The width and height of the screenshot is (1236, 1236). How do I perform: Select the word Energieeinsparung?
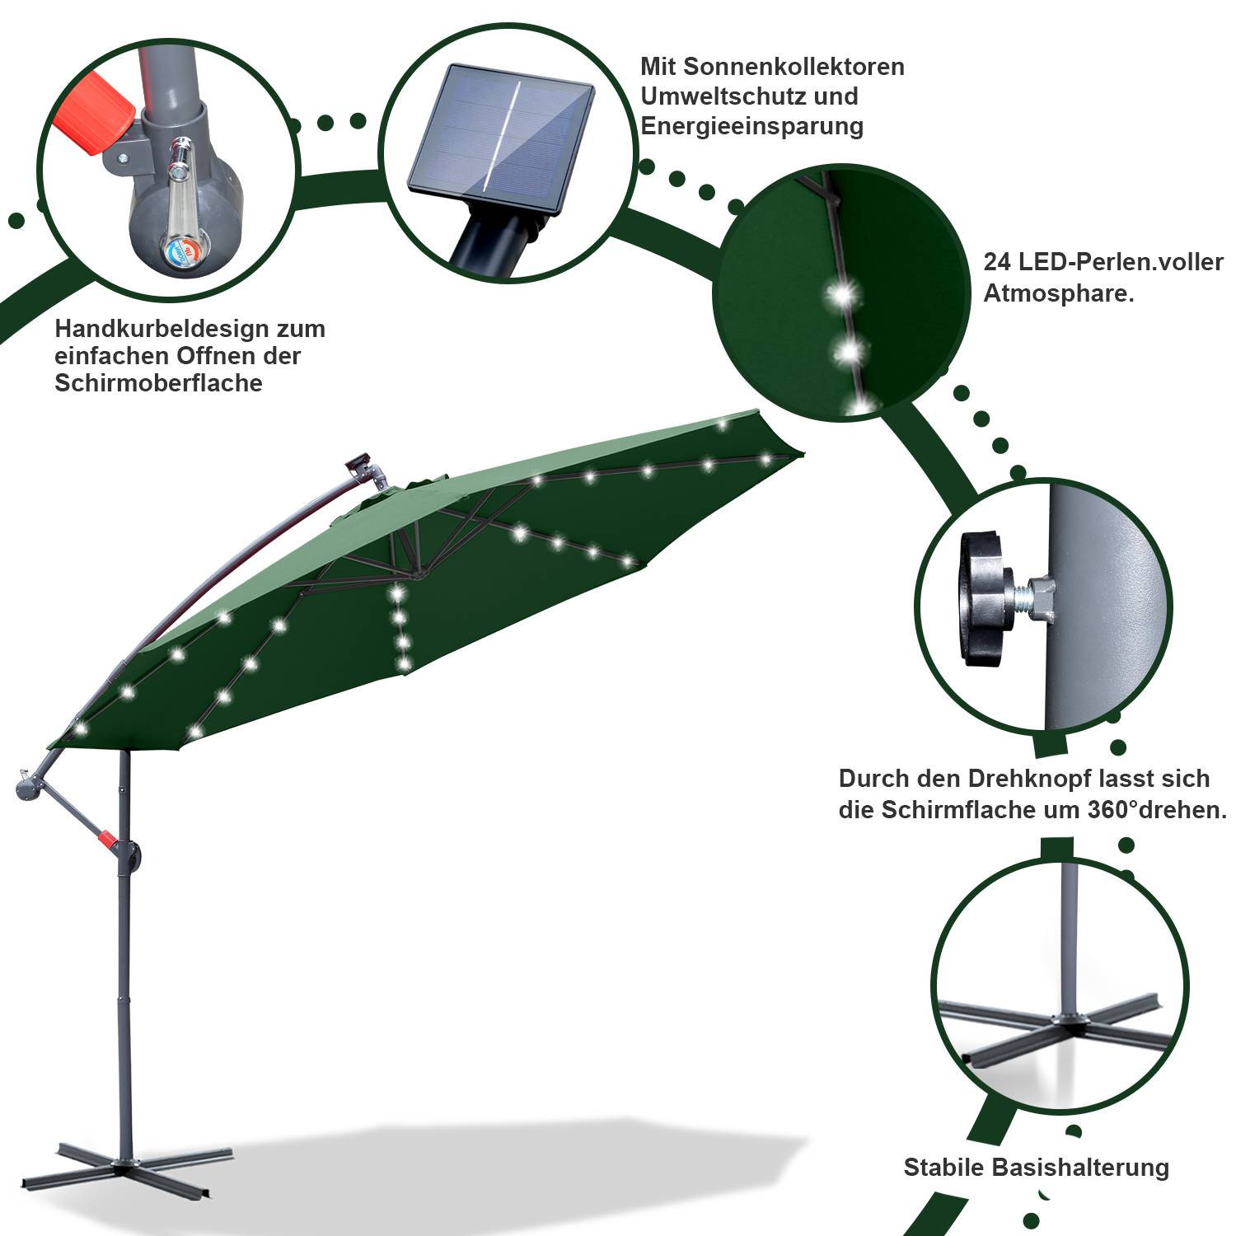pos(751,126)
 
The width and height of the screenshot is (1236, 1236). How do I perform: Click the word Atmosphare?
pos(1058,293)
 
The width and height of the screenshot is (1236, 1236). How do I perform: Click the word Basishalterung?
pos(1080,1168)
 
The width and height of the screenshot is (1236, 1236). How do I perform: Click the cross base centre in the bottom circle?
pos(1070,1023)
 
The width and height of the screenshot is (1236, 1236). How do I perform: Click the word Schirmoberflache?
pos(158,383)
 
